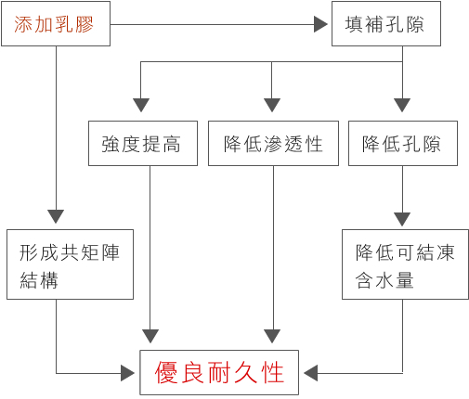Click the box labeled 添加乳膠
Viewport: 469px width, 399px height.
56,24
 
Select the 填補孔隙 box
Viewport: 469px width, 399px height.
386,24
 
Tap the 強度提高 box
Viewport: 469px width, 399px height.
143,143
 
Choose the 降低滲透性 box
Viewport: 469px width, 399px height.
273,143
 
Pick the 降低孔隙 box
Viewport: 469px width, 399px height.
403,143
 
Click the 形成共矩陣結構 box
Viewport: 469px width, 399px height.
70,264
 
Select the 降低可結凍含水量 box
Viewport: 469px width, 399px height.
405,264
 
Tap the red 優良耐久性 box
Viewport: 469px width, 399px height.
219,372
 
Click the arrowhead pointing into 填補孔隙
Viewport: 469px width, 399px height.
320,24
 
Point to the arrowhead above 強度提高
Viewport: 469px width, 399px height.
141,105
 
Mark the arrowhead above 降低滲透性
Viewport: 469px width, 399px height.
272,105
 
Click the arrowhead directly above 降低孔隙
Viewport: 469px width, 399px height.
402,105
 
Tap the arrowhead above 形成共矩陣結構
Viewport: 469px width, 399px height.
56,216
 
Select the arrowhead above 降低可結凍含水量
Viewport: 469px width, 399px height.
402,219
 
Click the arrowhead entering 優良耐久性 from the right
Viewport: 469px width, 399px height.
310,373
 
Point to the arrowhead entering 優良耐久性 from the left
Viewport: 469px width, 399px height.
127,373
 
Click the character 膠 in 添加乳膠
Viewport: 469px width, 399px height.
84,24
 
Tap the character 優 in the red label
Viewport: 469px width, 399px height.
166,372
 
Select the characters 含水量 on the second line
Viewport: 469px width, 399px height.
384,280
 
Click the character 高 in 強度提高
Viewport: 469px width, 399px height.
172,144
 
